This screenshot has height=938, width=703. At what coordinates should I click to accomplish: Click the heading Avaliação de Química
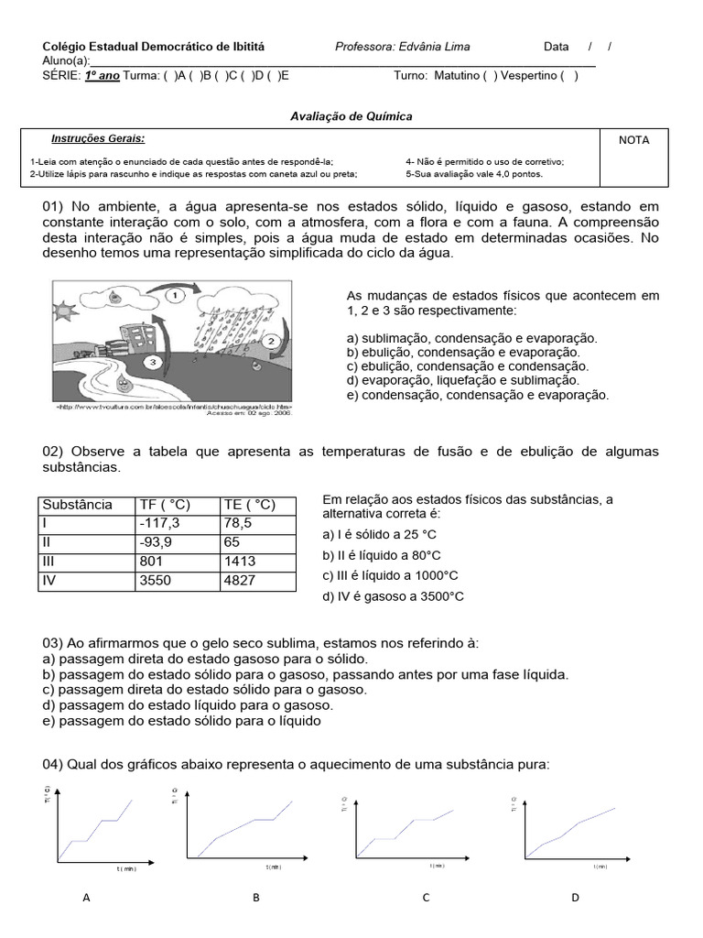[x=351, y=116]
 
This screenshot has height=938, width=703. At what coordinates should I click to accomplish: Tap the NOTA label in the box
[x=633, y=140]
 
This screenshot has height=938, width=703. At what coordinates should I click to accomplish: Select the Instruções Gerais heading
[x=97, y=138]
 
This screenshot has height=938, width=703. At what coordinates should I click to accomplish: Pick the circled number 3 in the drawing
[x=154, y=362]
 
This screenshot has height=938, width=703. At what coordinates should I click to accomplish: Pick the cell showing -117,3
[x=158, y=523]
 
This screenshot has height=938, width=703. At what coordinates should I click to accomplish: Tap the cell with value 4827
[x=241, y=581]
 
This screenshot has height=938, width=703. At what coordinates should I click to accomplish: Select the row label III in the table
[x=51, y=562]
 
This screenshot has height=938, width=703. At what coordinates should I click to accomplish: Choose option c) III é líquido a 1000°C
[x=390, y=575]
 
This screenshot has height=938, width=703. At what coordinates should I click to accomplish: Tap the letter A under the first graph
[x=86, y=898]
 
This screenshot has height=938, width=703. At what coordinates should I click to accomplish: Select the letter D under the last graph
[x=575, y=898]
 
